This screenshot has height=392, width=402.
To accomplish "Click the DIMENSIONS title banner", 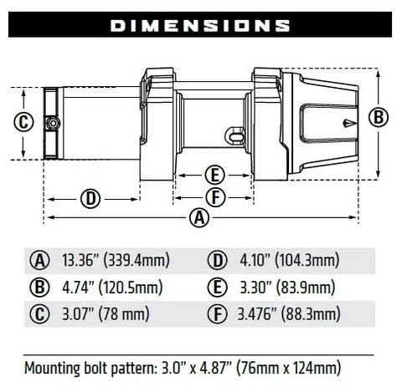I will coord(200,25).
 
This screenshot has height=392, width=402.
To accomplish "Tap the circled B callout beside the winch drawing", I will coord(379,118).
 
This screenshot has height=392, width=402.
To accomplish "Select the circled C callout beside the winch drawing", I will coord(23,123).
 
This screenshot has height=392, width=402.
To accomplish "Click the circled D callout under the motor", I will coord(90,198).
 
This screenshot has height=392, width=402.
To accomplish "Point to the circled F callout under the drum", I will coord(215,197).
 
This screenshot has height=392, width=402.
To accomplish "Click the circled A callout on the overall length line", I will coord(198,218).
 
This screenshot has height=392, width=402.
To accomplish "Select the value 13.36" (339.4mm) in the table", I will coord(116,260).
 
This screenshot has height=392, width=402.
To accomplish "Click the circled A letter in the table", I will coord(39,260).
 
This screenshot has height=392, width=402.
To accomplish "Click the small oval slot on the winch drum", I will coord(238,132).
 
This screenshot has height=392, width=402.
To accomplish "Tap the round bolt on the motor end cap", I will coord(53,123).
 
